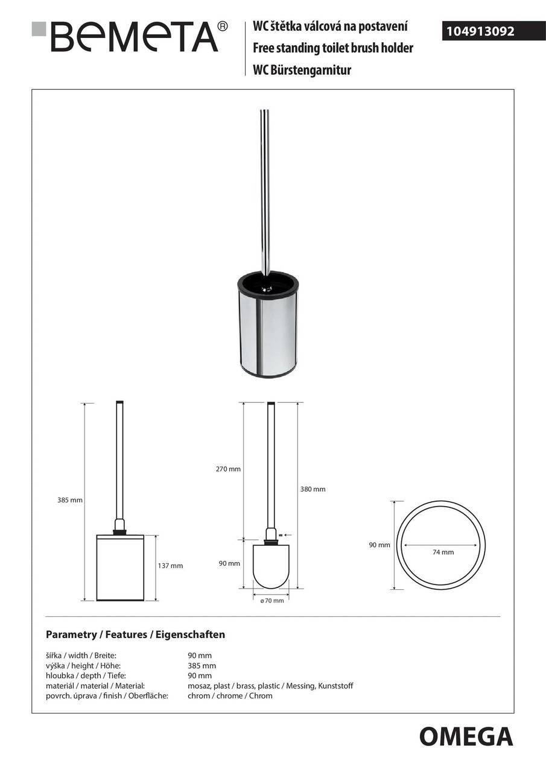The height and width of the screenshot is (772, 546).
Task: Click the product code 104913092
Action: click(x=480, y=31)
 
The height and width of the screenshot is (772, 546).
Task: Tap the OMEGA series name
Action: click(x=466, y=737)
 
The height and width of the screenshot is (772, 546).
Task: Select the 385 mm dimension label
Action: click(x=70, y=500)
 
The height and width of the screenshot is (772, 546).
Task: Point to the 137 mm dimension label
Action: click(x=170, y=566)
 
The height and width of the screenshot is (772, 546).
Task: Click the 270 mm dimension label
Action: click(x=228, y=469)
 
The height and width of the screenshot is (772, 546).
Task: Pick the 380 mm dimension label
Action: click(x=313, y=489)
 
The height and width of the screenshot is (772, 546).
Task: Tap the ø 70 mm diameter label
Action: click(x=271, y=601)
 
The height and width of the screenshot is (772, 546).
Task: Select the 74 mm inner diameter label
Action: click(x=443, y=552)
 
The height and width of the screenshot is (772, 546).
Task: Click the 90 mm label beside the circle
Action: click(x=379, y=545)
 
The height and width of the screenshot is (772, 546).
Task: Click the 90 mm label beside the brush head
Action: click(x=229, y=563)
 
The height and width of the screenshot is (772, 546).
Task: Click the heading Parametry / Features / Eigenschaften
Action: click(x=135, y=634)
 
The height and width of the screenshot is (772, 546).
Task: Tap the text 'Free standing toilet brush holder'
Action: click(x=333, y=48)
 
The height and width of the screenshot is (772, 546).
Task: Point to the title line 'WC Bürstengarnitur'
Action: click(x=302, y=69)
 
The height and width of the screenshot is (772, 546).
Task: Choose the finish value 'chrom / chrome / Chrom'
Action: click(x=230, y=695)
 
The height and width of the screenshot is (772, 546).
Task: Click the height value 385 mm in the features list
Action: click(x=202, y=666)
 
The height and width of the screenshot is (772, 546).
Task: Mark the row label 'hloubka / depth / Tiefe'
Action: click(x=86, y=675)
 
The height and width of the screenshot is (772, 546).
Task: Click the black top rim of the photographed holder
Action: click(x=267, y=278)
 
